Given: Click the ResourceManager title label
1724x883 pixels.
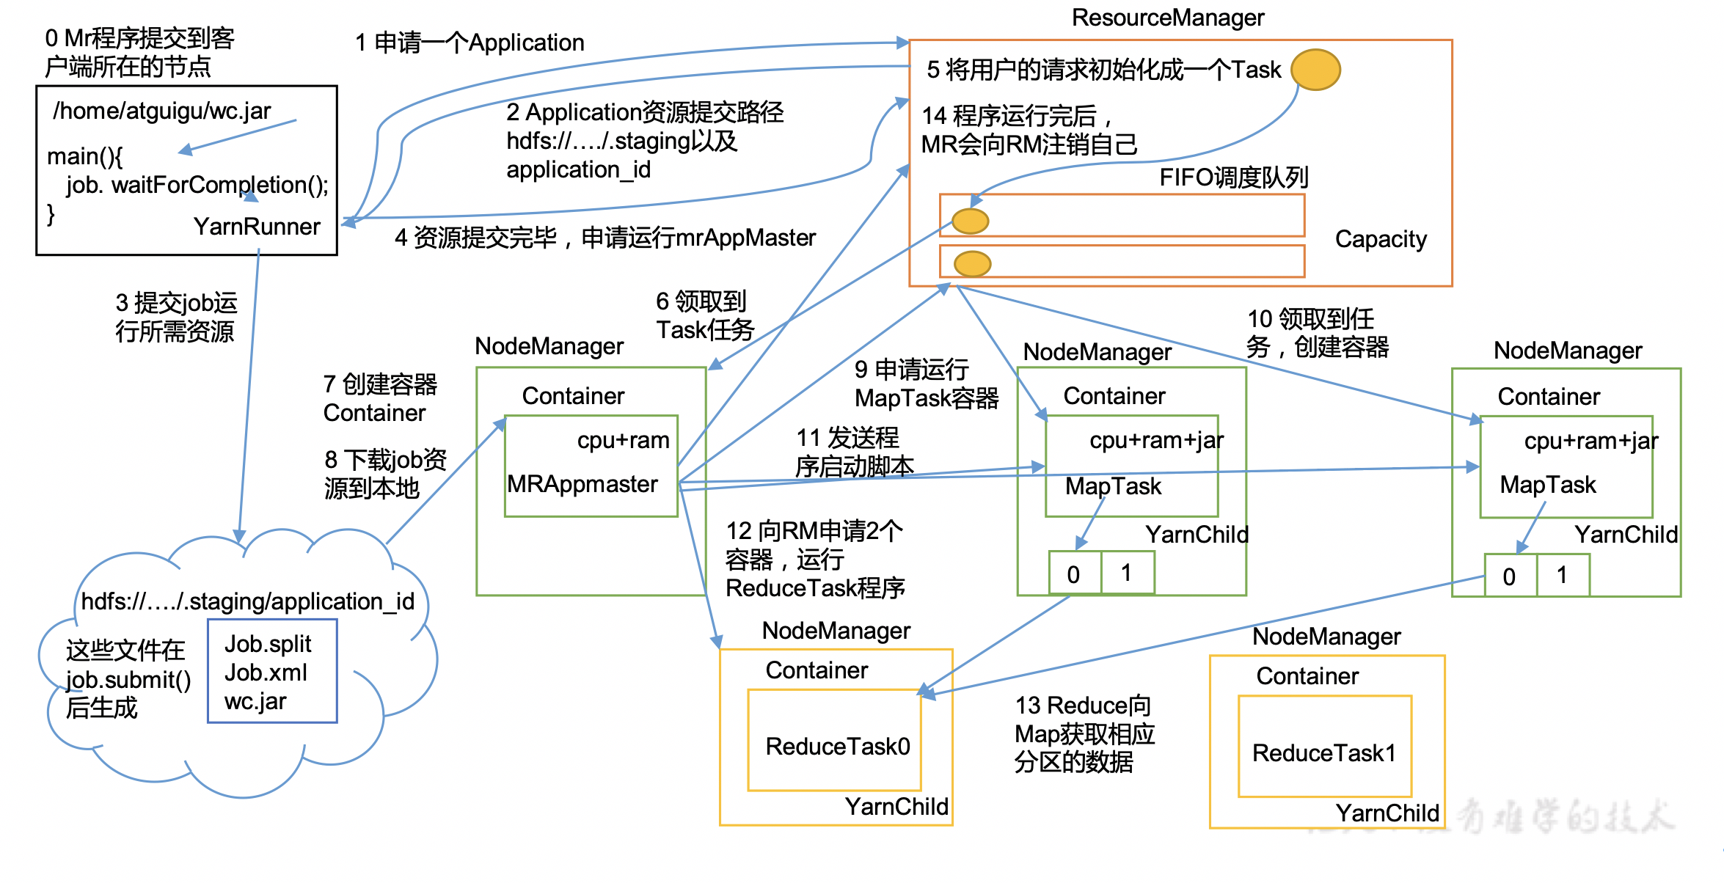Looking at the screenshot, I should pos(1167,18).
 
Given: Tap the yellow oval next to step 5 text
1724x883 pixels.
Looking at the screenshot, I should pos(1315,70).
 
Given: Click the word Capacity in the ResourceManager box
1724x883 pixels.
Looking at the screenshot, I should pos(1380,239).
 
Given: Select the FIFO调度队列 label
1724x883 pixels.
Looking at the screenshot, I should pos(1233,177).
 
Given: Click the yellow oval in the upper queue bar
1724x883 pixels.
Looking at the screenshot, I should pos(970,221).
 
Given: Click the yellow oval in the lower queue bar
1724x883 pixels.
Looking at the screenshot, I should pos(973,263).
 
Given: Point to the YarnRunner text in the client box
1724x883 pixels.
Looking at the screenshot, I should pos(257,227).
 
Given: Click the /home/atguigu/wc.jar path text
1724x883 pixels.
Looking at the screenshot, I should pos(162,111).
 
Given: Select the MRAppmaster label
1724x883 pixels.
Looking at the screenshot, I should pos(582,484).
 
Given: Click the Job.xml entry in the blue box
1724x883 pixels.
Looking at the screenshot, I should pos(266,673).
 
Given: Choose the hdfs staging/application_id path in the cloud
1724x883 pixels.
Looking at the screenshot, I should pos(248,601).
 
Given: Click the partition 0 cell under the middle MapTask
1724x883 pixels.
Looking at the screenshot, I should pos(1073,574).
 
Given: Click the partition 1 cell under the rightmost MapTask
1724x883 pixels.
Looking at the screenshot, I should pos(1563,575).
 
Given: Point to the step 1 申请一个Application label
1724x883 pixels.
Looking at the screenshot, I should pos(470,43).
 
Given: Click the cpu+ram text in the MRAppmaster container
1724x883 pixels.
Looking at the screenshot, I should pos(623,440).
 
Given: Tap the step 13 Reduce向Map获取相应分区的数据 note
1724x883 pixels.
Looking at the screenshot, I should pos(1084,733).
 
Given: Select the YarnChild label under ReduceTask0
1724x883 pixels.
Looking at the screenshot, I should pos(896,807).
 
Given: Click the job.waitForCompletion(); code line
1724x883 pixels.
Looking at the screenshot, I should pos(197,185).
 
